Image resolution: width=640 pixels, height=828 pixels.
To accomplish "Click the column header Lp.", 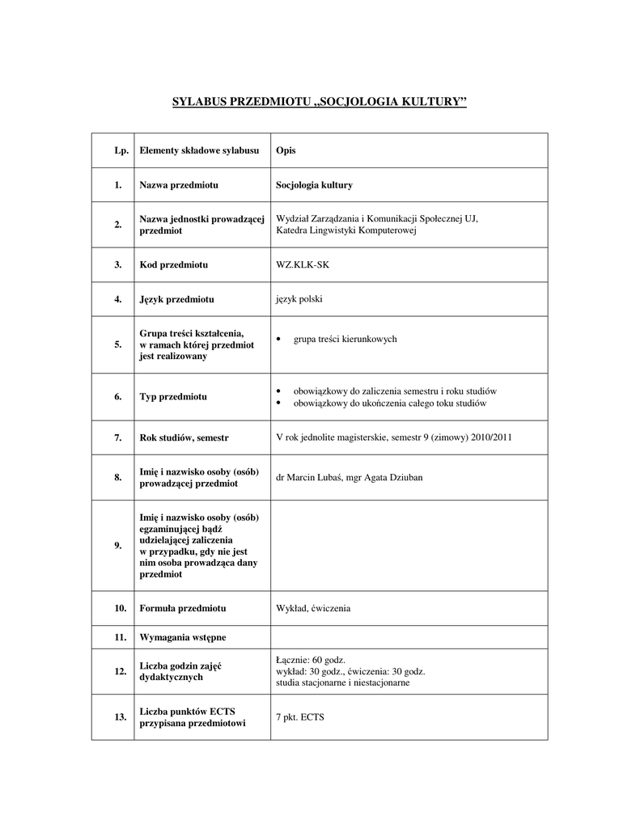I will [121, 150].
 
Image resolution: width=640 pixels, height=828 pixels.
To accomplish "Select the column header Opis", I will [286, 150].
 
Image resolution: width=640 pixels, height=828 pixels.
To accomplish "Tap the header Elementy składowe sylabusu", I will [199, 150].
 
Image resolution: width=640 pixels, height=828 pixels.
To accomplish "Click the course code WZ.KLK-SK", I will [303, 264].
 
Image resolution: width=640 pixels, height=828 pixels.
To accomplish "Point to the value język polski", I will [299, 298].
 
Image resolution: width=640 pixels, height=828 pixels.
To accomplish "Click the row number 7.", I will [118, 437].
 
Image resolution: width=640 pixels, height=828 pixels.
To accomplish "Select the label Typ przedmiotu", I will [173, 397].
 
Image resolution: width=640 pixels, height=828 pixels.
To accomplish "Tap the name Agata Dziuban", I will [390, 477].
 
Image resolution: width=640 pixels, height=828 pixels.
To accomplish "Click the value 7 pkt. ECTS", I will [299, 717].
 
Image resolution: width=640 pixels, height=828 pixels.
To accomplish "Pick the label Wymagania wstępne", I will [183, 636].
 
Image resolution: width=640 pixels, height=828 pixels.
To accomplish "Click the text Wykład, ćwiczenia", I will [313, 607].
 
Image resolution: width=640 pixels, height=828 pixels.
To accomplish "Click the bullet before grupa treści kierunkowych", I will [279, 340].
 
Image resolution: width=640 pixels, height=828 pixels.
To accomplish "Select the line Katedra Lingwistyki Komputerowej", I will [345, 230].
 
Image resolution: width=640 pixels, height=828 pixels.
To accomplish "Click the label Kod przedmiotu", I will [174, 264].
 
